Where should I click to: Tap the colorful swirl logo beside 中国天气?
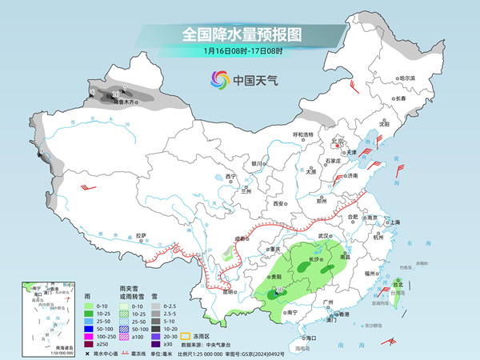coord(218,80)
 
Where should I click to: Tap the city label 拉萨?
coord(142,235)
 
